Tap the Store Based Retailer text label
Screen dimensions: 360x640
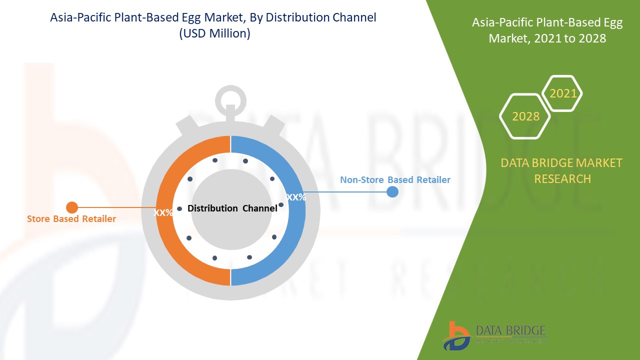click(71, 219)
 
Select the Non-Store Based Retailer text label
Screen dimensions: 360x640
click(395, 180)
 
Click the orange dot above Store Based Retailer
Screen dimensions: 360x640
click(72, 207)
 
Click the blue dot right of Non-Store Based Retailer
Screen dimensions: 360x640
click(392, 191)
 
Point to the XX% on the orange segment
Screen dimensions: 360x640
click(163, 212)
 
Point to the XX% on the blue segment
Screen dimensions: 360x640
click(296, 197)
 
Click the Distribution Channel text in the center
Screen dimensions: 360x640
click(232, 208)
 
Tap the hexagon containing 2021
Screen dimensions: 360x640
click(563, 93)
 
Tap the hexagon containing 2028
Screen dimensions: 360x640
click(525, 116)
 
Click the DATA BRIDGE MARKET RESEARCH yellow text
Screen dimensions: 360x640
click(561, 170)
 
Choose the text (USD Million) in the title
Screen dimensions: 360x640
click(213, 33)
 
